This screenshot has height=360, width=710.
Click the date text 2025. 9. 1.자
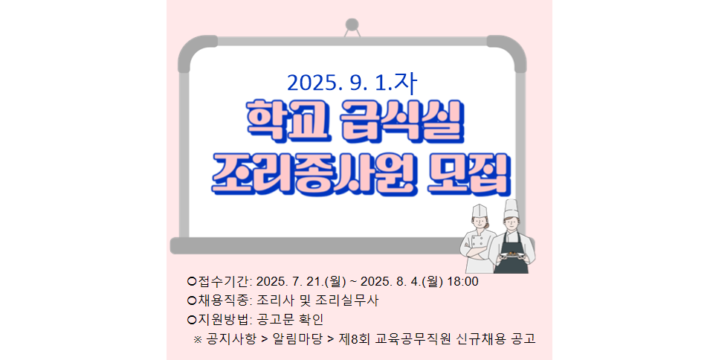coord(352,83)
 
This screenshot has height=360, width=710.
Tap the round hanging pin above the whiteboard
coord(352,25)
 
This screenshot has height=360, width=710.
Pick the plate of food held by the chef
coord(511,255)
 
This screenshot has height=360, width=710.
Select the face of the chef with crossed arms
coord(480,223)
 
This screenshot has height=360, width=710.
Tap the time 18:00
coord(462,282)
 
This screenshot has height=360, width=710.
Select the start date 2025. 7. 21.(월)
coord(301,282)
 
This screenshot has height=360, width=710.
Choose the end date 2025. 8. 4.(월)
coord(401,282)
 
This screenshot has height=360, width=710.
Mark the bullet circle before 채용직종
coord(192,300)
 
